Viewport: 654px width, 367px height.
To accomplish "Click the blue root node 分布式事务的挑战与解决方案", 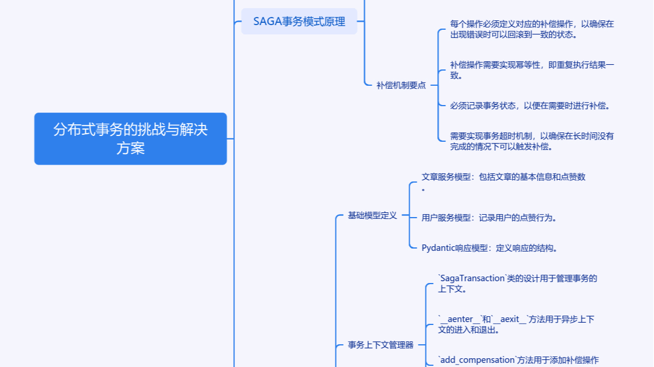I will click(x=130, y=139).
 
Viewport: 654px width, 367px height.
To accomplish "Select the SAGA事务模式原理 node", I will click(x=299, y=22).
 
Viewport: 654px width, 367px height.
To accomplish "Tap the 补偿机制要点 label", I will click(x=401, y=85).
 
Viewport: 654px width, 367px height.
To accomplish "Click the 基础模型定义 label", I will click(x=372, y=215).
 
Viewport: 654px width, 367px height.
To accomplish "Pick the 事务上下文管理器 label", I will click(x=380, y=345).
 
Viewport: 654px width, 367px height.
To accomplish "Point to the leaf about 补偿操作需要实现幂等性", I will click(x=532, y=69).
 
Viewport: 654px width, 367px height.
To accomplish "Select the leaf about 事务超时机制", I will click(x=532, y=141).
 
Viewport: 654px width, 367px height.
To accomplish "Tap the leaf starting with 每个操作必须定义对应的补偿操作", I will click(x=532, y=29).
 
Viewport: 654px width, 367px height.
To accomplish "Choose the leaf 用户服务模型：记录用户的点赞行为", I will click(x=489, y=218).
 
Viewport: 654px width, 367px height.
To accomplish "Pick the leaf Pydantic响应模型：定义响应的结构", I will click(x=489, y=248).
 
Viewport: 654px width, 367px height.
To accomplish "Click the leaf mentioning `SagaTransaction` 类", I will click(x=517, y=284).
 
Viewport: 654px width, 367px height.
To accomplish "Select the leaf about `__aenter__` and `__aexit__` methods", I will click(x=516, y=324).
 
